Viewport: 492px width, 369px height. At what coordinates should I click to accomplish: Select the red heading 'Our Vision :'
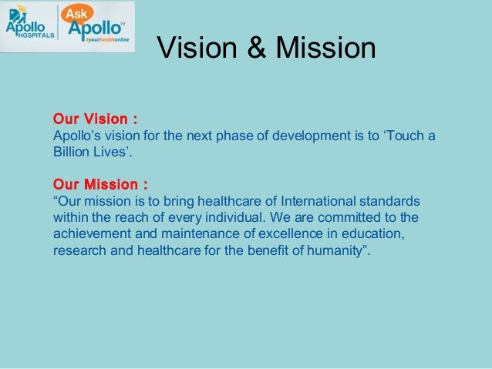(x=95, y=119)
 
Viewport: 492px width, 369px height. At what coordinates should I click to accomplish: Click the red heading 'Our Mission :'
(x=100, y=185)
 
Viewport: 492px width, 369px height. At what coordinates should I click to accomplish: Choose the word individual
(x=256, y=218)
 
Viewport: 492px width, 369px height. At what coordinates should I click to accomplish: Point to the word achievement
(x=90, y=234)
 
